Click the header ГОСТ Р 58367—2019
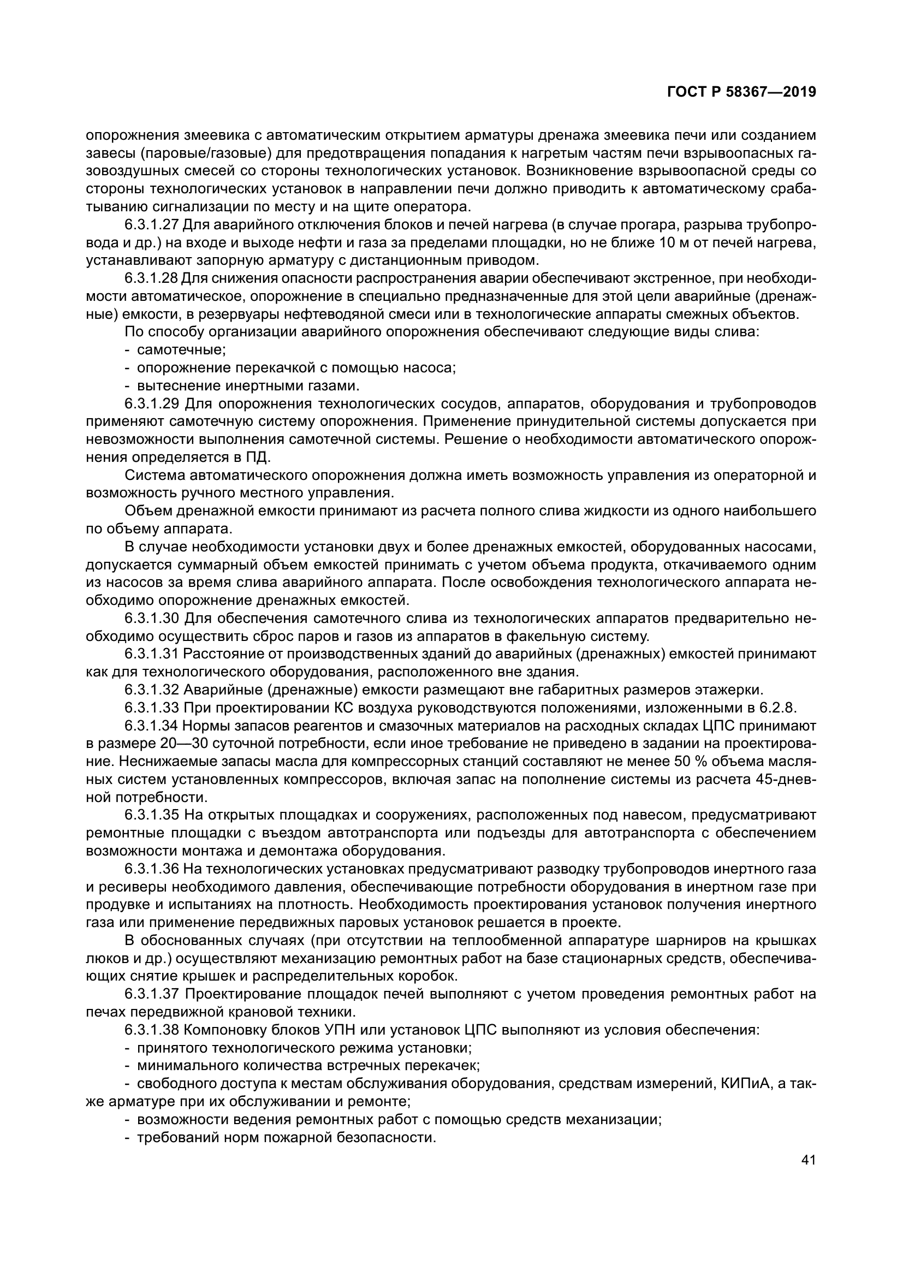[x=741, y=92]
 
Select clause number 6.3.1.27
[x=151, y=225]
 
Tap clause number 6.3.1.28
[x=151, y=278]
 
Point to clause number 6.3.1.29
[x=151, y=403]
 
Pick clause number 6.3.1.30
[x=151, y=618]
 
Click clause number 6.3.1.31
[x=151, y=654]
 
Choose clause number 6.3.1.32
[x=151, y=690]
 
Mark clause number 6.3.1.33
[x=151, y=708]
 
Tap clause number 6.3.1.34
[x=151, y=725]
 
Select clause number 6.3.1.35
[x=151, y=815]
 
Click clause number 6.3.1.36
[x=151, y=868]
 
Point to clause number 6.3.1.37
[x=151, y=993]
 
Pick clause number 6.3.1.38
[x=151, y=1030]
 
